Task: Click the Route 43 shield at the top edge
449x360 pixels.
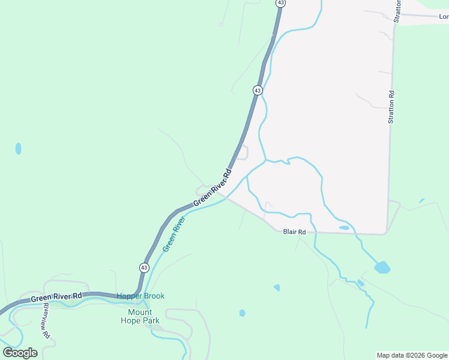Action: click(280, 3)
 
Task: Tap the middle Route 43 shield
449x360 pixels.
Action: click(257, 90)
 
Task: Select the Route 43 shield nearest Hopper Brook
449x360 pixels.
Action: click(144, 268)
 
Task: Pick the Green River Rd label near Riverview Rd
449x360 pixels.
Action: click(56, 297)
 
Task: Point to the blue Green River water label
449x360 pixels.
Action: click(173, 234)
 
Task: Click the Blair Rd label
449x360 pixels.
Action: click(294, 232)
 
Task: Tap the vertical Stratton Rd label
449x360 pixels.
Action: click(391, 107)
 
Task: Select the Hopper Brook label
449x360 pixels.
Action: click(140, 296)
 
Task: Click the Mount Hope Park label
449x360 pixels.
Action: click(143, 316)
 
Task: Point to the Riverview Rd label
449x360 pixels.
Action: click(47, 320)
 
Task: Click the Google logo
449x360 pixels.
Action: click(20, 352)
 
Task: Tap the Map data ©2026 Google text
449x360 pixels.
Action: click(412, 355)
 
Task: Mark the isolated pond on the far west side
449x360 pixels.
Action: click(18, 148)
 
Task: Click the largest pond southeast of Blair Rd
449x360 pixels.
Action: click(382, 268)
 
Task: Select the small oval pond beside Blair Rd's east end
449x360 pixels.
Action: click(344, 228)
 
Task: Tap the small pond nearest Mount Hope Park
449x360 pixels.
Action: click(242, 313)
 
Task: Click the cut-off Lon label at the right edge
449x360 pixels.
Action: click(444, 17)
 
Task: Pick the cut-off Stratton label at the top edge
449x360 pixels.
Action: click(397, 11)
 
